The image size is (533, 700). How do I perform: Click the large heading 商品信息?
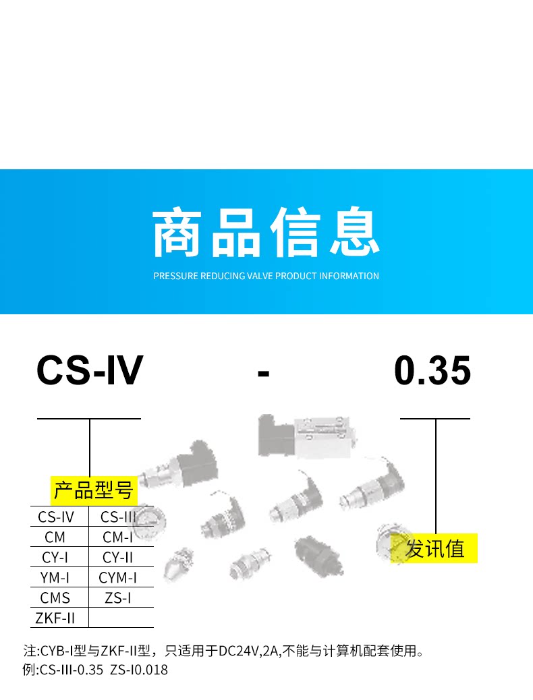click(266, 233)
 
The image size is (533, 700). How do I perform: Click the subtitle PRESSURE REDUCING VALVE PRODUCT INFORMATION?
click(266, 276)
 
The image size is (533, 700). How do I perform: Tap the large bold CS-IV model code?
click(90, 371)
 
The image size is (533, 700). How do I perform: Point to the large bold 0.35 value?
click(432, 371)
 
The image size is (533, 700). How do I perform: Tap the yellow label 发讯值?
click(435, 548)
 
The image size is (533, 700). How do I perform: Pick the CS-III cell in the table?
click(119, 517)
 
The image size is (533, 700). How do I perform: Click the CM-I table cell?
click(118, 537)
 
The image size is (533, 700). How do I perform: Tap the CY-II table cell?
click(118, 558)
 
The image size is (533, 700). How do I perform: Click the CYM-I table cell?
click(118, 578)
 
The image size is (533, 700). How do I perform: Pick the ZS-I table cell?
click(118, 597)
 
